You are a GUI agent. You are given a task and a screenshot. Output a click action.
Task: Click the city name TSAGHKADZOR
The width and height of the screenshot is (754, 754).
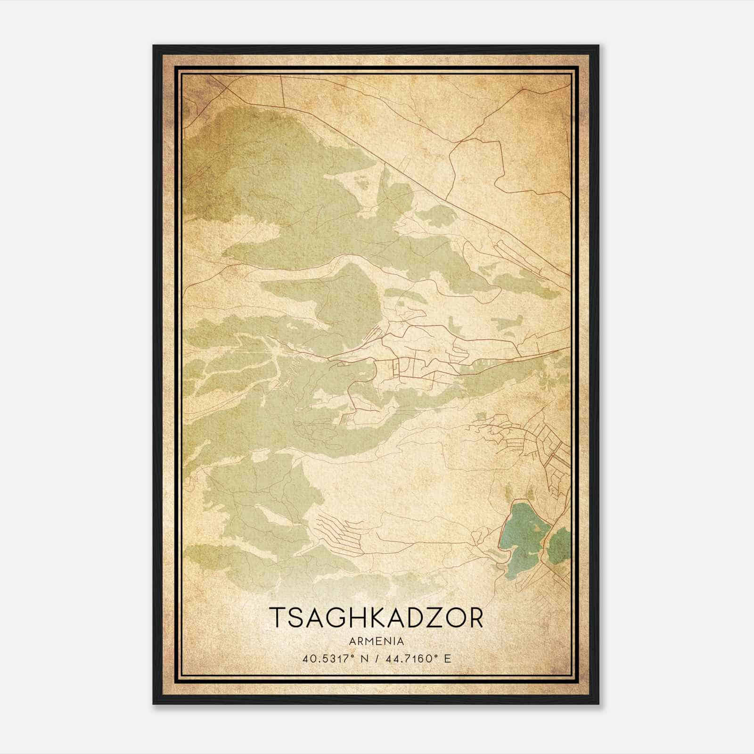point(377,618)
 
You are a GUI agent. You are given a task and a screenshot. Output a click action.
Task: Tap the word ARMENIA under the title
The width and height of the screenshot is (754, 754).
point(377,641)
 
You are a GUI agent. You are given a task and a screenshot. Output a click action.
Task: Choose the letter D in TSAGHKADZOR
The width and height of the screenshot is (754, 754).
point(407,618)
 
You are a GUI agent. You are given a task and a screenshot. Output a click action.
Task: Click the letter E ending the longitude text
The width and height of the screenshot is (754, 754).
point(448,658)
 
